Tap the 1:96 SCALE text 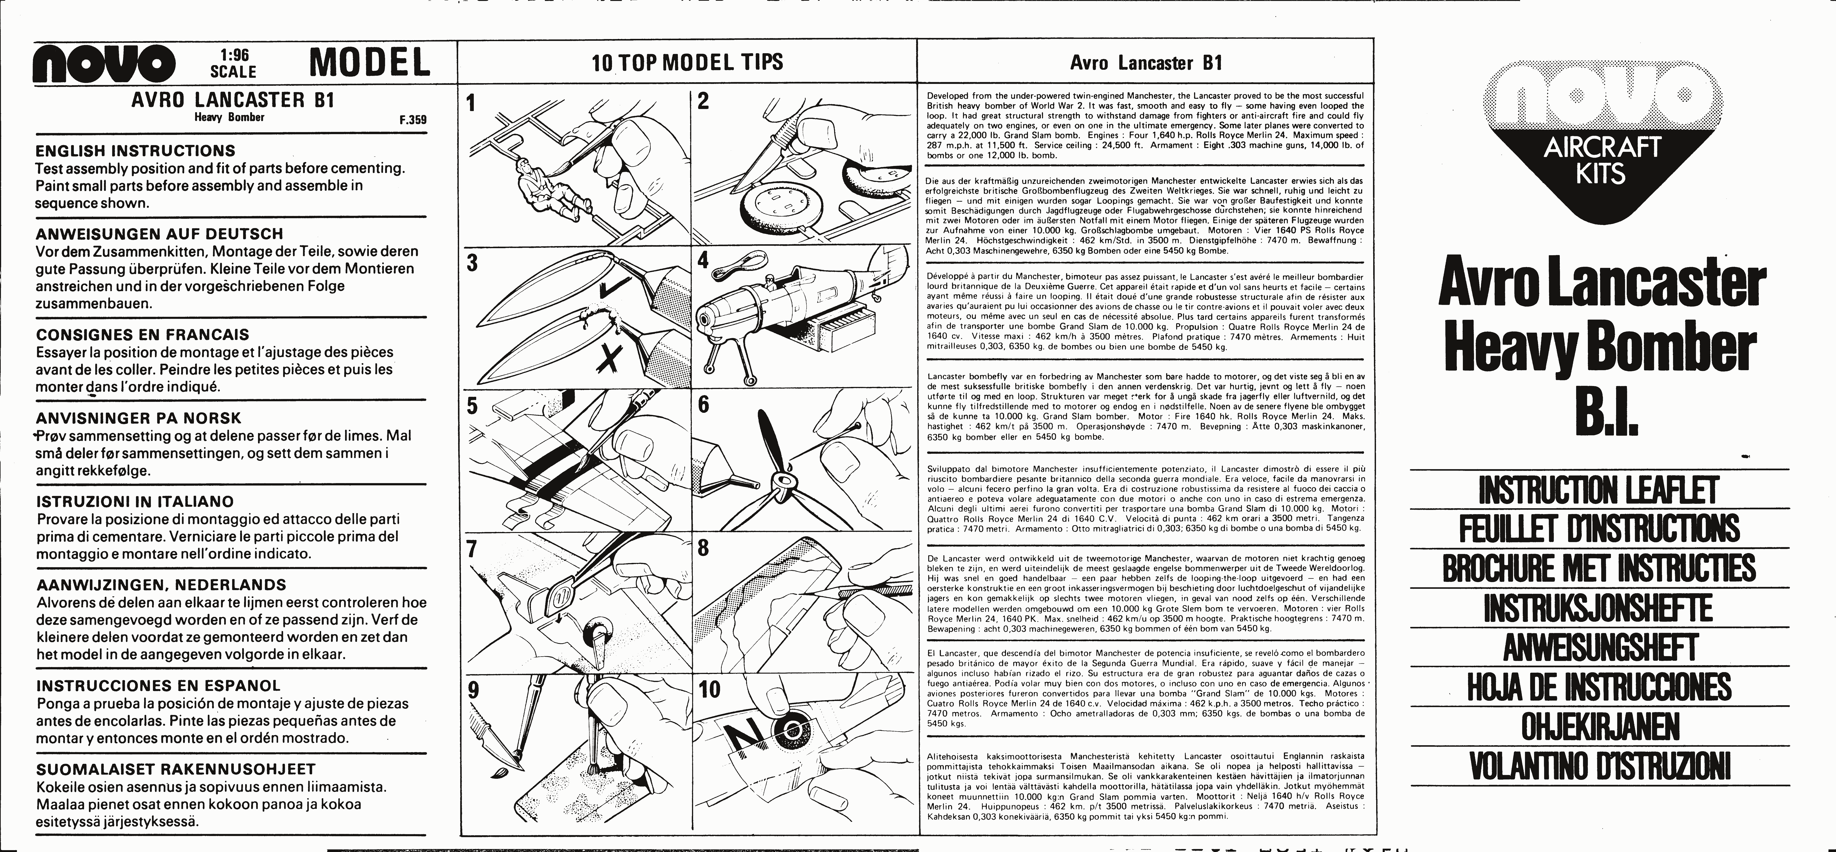click(x=233, y=63)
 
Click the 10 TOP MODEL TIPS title click(x=687, y=63)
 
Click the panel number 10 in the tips click(x=710, y=689)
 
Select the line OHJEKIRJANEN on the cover click(x=1600, y=727)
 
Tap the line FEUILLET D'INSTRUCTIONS click(x=1600, y=529)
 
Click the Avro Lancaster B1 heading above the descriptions click(x=1146, y=63)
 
